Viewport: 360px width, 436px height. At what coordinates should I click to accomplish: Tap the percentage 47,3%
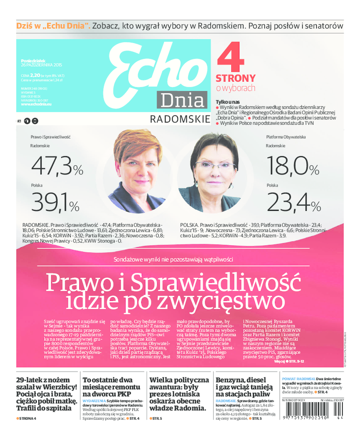tap(57, 166)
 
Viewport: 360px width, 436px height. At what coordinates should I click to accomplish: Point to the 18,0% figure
tap(292, 166)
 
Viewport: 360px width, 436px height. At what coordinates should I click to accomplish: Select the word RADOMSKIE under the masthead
tap(180, 119)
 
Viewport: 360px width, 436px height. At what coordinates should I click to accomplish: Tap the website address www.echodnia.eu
tap(36, 104)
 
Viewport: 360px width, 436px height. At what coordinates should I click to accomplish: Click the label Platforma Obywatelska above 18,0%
tap(286, 136)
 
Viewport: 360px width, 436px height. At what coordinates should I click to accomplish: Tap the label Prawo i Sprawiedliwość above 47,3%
tap(51, 136)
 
